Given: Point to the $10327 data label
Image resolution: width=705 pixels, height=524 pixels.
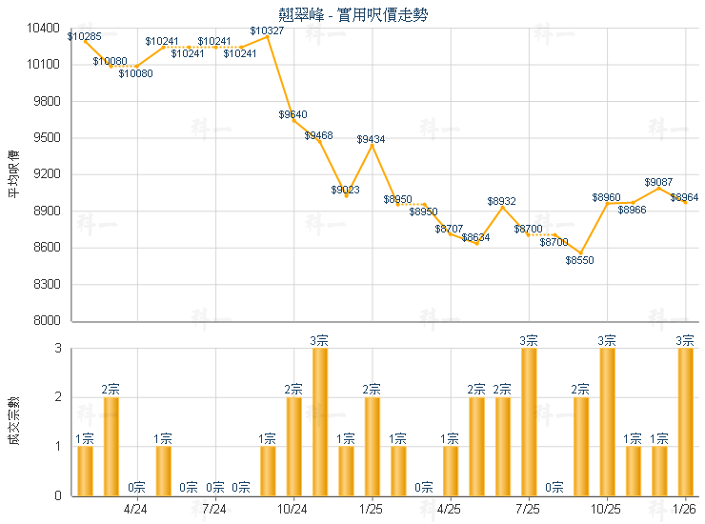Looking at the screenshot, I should (x=267, y=30).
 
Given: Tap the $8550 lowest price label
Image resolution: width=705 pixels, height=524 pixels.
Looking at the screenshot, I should (x=579, y=260).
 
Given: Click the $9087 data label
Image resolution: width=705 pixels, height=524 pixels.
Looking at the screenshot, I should (x=658, y=181).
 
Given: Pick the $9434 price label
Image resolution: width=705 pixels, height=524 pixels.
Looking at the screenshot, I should (x=372, y=139).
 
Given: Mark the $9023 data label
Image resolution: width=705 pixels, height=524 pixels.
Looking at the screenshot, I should (x=345, y=190).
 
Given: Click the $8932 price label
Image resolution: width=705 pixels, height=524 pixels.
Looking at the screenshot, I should (x=502, y=201).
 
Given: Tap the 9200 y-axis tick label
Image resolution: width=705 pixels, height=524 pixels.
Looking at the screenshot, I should (x=47, y=174).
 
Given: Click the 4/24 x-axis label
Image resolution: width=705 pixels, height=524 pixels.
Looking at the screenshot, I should (x=136, y=508).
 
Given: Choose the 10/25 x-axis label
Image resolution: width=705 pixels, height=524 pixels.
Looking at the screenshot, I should (x=606, y=508).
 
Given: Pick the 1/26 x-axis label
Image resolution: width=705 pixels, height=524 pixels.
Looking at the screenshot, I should (x=685, y=508).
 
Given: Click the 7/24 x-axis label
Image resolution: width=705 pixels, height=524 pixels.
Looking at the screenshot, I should (x=214, y=508).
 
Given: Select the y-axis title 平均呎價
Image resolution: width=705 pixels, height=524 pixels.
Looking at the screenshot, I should (x=12, y=174).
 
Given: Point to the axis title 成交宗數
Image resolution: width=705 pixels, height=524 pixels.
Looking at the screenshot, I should (x=12, y=420).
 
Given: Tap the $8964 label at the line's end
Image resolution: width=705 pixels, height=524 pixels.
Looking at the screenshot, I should (x=684, y=197).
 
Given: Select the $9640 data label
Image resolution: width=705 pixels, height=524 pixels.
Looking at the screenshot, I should (x=293, y=114).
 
